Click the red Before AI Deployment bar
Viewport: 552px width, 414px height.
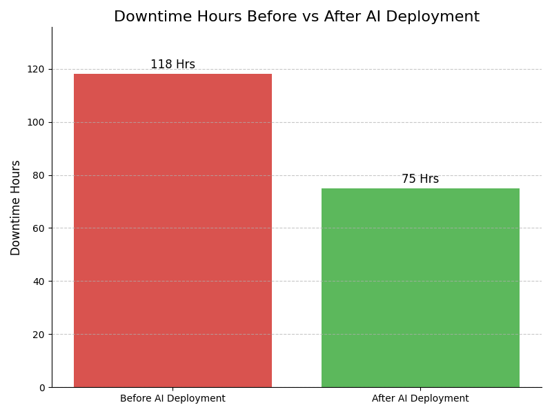coord(172,230)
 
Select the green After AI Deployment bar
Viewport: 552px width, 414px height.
coord(420,288)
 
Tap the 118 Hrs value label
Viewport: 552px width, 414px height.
coord(172,65)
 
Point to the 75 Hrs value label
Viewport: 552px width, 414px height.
coord(420,179)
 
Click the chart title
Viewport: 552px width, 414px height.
coord(297,17)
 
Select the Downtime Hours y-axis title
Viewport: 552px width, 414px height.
coord(16,208)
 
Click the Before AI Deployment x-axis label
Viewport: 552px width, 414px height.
coord(172,399)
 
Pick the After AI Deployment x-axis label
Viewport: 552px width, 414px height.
coord(420,399)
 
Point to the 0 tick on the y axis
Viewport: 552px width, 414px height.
coord(41,388)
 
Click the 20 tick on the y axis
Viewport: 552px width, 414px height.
coord(39,335)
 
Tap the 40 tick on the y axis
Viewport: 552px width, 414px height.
coord(39,282)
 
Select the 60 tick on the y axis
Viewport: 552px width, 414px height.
coord(39,228)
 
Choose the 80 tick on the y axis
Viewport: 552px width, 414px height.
coord(39,175)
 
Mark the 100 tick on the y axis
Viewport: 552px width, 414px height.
coord(36,122)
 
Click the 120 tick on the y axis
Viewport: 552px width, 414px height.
coord(36,69)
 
